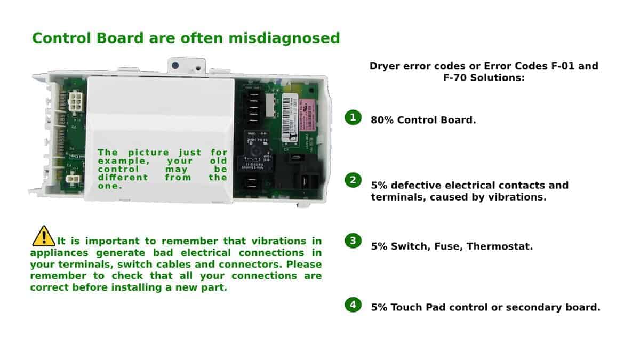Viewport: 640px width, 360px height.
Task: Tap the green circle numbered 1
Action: click(x=353, y=117)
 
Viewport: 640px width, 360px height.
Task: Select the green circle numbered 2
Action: click(x=353, y=180)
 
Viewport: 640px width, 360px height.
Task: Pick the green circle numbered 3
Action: click(x=353, y=241)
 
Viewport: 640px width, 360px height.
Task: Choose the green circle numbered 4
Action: click(x=353, y=305)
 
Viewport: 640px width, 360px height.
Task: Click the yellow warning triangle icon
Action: click(x=44, y=236)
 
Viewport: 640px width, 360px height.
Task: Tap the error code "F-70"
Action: click(x=455, y=78)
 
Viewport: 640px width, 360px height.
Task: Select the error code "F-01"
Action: click(x=563, y=66)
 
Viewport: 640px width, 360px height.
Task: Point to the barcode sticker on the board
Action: click(x=290, y=118)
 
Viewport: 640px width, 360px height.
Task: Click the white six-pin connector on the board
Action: click(x=75, y=101)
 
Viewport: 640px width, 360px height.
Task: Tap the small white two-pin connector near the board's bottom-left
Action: click(x=73, y=179)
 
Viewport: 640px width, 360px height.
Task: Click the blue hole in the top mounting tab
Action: click(x=175, y=66)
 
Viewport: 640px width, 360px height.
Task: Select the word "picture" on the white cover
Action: click(x=149, y=153)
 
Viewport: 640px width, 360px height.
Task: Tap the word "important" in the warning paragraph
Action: click(x=113, y=242)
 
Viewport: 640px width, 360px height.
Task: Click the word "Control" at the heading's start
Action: click(x=61, y=38)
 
